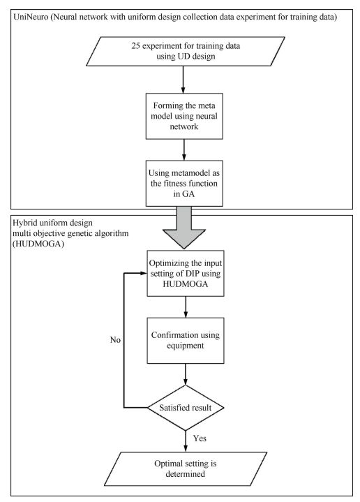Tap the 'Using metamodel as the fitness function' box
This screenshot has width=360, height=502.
click(183, 183)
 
